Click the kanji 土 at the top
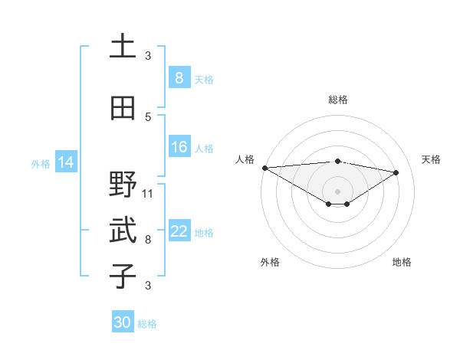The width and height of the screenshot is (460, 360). click(x=123, y=47)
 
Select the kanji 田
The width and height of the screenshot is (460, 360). click(x=123, y=109)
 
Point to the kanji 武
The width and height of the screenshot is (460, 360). click(x=123, y=231)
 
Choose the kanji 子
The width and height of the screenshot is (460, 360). click(x=123, y=275)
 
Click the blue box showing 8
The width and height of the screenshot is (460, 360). click(x=179, y=77)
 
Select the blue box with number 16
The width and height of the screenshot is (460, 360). click(x=179, y=147)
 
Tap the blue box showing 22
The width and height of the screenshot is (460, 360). click(x=179, y=231)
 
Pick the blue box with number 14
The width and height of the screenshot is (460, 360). click(x=66, y=162)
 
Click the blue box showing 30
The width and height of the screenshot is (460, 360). click(x=123, y=322)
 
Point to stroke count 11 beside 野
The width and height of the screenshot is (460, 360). click(x=148, y=194)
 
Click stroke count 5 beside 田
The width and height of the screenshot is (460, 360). click(x=148, y=116)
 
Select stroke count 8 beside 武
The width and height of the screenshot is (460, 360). click(x=148, y=239)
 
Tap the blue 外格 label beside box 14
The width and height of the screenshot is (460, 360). click(x=41, y=163)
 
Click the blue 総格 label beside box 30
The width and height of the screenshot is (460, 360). click(x=147, y=324)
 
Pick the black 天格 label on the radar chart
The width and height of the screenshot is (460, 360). click(x=432, y=159)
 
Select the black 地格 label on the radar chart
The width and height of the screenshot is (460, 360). click(x=402, y=262)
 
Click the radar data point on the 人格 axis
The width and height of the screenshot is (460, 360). click(x=264, y=168)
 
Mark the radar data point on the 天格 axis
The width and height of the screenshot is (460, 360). click(x=396, y=172)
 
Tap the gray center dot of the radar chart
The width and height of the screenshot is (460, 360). click(x=337, y=190)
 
